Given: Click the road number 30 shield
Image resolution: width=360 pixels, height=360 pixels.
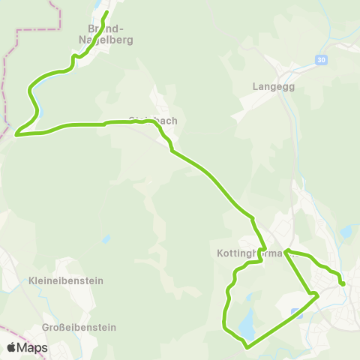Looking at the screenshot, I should click(322, 60).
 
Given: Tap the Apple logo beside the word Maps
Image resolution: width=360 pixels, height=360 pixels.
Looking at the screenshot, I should click(11, 347).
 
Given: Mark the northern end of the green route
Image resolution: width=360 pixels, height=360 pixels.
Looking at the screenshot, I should click(106, 12).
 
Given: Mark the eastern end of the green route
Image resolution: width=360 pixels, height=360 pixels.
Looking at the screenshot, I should click(343, 284).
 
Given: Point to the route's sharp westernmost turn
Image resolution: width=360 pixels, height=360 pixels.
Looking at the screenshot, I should click(16, 136).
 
